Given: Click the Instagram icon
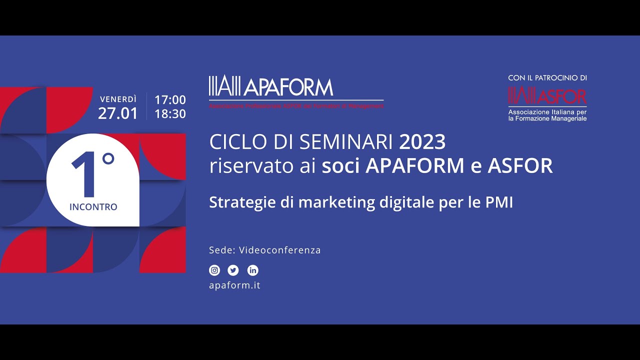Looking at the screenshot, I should [x=214, y=270].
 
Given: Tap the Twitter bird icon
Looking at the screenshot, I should [x=233, y=270].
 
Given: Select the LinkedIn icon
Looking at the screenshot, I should [x=253, y=270].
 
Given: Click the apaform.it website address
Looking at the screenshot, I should [x=234, y=285].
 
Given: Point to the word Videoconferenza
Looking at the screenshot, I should [x=279, y=250].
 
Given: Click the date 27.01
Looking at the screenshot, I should [x=117, y=113].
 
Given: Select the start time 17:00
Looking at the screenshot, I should [x=170, y=100].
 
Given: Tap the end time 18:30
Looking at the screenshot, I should [x=170, y=114].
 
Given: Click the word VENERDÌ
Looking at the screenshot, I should [x=118, y=99].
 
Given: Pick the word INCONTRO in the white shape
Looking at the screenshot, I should [x=93, y=206].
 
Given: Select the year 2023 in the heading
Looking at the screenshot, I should [x=422, y=142].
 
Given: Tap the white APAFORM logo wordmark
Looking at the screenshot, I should [x=289, y=87].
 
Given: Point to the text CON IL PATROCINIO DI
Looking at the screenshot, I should [x=547, y=78].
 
